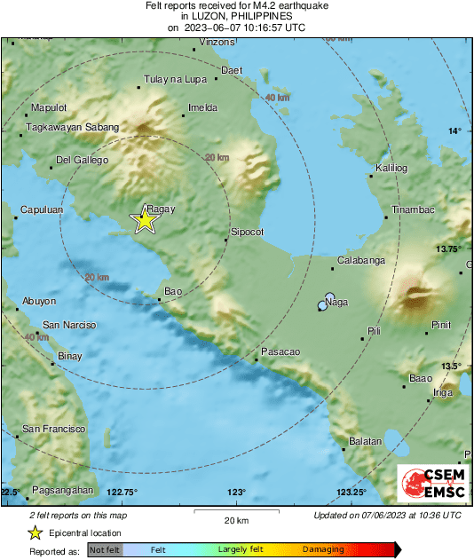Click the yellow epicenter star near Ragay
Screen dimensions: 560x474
(144, 220)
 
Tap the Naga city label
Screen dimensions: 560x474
(337, 303)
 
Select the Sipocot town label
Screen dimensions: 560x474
(248, 232)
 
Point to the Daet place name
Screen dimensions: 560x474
(232, 69)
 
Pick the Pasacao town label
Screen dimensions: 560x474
(280, 352)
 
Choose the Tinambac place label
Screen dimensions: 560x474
(409, 210)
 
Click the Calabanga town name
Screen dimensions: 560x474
(361, 261)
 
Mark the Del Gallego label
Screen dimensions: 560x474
(82, 161)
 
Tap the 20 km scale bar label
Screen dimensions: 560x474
(235, 519)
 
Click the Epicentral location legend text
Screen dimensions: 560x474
(85, 532)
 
